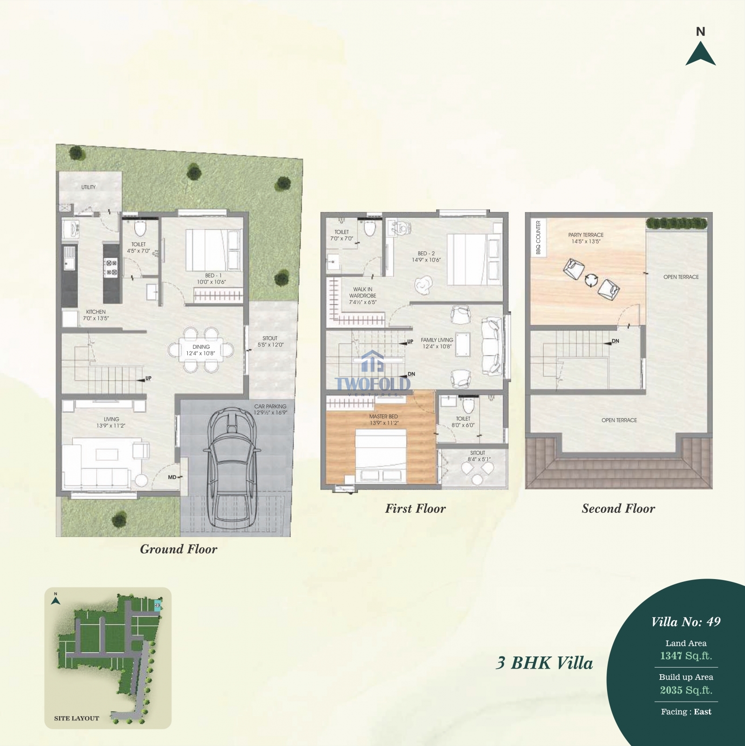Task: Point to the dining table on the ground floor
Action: click(x=201, y=350)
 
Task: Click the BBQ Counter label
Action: click(x=538, y=237)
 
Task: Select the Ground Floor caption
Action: click(x=178, y=549)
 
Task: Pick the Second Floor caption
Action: click(x=618, y=509)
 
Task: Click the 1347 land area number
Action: click(x=670, y=656)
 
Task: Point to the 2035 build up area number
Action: click(x=671, y=690)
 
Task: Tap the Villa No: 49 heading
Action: click(x=686, y=622)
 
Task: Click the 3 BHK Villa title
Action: click(x=544, y=663)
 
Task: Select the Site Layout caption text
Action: click(x=76, y=718)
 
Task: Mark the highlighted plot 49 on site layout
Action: click(x=157, y=606)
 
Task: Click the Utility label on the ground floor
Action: click(x=89, y=187)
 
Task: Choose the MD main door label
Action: click(x=172, y=477)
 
